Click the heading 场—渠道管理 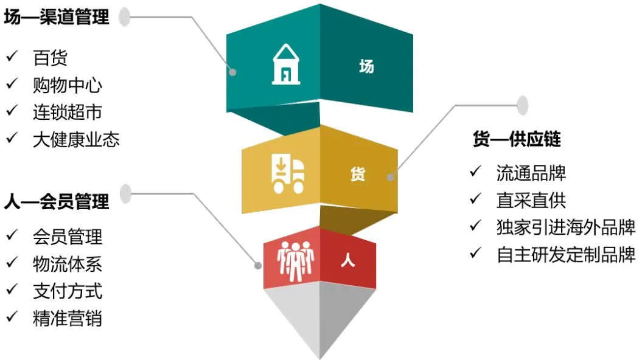(57, 18)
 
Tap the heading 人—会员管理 (57, 201)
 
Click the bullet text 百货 (50, 58)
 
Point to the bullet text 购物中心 (68, 85)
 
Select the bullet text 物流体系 (68, 264)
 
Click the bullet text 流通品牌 (531, 173)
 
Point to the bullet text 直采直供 (531, 200)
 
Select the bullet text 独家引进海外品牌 (566, 227)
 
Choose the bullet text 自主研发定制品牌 (566, 255)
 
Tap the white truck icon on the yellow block (287, 174)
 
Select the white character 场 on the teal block (366, 67)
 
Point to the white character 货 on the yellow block (358, 175)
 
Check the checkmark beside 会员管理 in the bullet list (12, 235)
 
